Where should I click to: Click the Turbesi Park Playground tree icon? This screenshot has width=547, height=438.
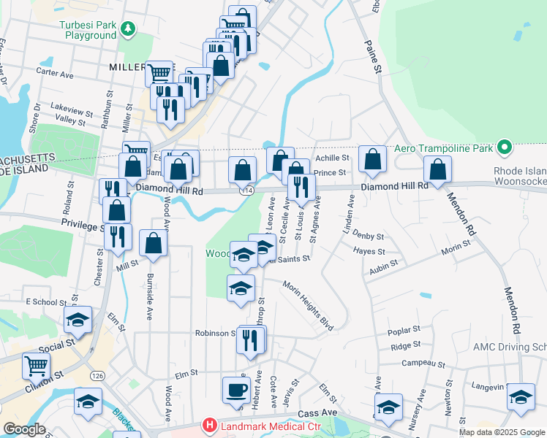pyautogui.click(x=129, y=28)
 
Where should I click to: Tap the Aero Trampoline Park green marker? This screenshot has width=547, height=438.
pyautogui.click(x=503, y=148)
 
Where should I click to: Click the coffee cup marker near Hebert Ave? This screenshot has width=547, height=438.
pyautogui.click(x=236, y=390)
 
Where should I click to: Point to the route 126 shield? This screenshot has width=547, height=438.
pyautogui.click(x=97, y=375)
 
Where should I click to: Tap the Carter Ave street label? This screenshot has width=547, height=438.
pyautogui.click(x=56, y=74)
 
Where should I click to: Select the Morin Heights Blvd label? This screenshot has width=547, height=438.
pyautogui.click(x=308, y=307)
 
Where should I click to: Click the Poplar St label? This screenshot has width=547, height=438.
pyautogui.click(x=404, y=330)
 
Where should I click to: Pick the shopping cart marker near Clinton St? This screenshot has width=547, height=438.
pyautogui.click(x=36, y=365)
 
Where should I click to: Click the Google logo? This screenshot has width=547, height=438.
pyautogui.click(x=24, y=429)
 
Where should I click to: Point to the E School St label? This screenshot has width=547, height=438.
pyautogui.click(x=46, y=301)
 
